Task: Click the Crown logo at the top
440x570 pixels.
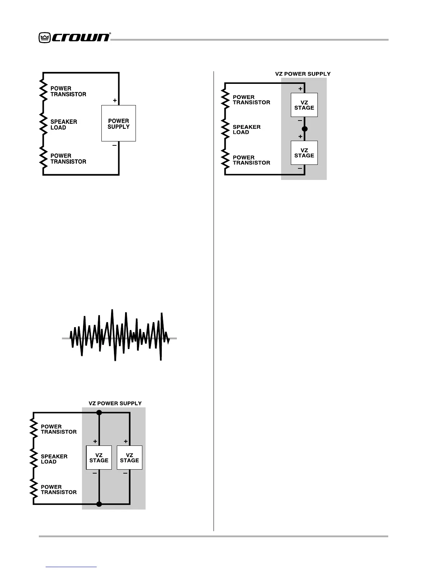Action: coord(74,37)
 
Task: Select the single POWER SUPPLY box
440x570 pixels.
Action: coord(118,123)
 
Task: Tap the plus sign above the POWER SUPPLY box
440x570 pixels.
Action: coord(115,100)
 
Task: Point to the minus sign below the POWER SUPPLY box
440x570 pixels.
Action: coord(114,145)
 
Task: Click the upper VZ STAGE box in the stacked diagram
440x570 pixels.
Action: coord(304,105)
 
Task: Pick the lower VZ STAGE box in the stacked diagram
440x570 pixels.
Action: coord(304,153)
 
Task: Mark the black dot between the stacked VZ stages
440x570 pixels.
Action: coord(304,129)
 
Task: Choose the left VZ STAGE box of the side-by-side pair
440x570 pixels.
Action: coord(99,457)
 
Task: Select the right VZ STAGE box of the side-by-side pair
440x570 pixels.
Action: coord(129,457)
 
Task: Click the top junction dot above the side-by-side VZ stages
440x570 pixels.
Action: coord(99,413)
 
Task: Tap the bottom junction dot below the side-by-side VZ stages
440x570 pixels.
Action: coord(99,504)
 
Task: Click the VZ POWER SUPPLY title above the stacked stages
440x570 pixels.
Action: coord(303,74)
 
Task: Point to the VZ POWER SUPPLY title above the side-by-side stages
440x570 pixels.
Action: coord(115,403)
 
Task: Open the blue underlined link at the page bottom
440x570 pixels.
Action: coord(71,567)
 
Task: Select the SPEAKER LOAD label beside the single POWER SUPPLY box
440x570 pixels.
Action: coord(64,125)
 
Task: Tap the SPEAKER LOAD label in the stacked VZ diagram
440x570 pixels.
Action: coord(246,130)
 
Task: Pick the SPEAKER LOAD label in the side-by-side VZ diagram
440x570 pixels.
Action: coord(54,459)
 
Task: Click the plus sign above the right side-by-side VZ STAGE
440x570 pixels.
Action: coord(125,441)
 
